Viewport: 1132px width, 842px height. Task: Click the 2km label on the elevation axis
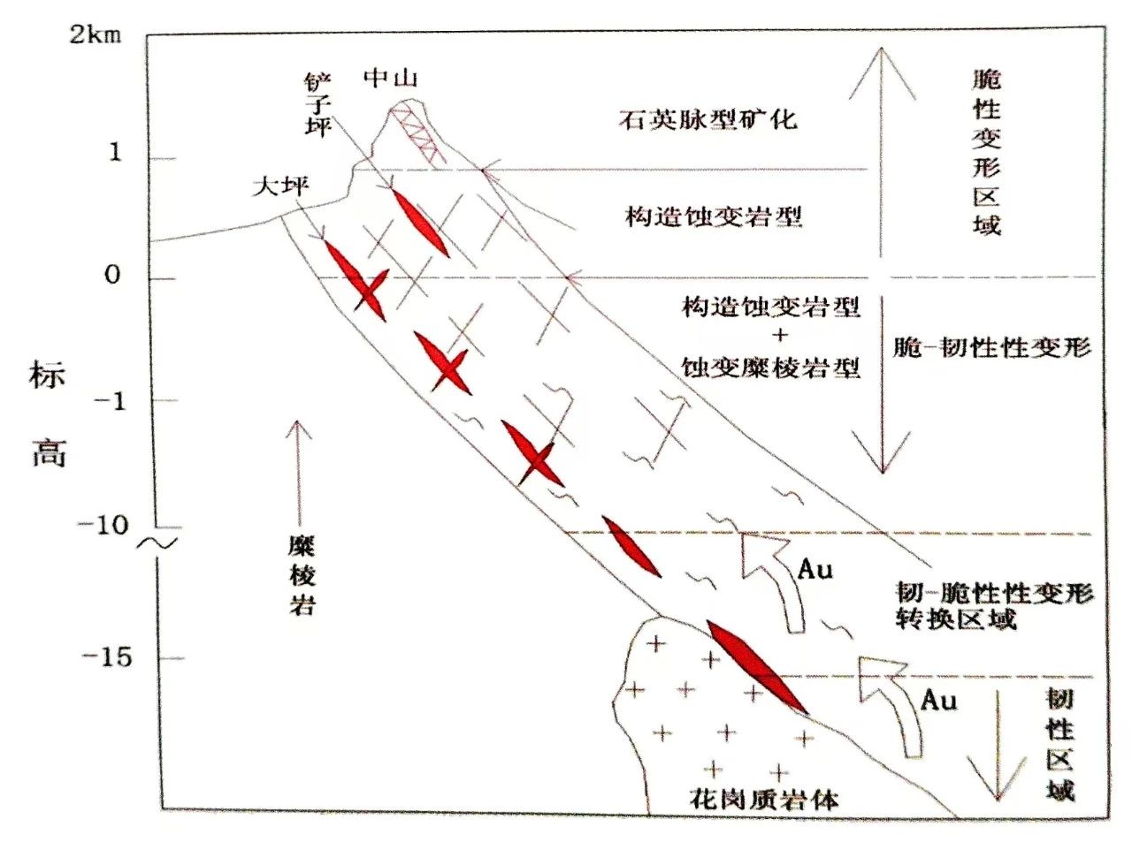click(x=96, y=35)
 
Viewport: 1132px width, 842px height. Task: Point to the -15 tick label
click(x=106, y=657)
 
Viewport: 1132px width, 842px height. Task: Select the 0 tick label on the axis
click(x=112, y=276)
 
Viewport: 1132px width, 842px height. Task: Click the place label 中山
click(x=390, y=78)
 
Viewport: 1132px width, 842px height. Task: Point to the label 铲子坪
click(x=317, y=106)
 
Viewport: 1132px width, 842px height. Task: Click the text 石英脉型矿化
click(x=707, y=118)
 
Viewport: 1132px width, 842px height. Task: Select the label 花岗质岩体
click(x=762, y=800)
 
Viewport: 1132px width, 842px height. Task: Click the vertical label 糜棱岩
click(x=302, y=575)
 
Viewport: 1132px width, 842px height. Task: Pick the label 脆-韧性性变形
click(x=990, y=347)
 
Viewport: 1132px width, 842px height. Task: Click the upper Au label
click(x=815, y=570)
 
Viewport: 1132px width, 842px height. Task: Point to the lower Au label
click(x=938, y=701)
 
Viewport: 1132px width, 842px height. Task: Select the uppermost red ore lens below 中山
click(x=419, y=222)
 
